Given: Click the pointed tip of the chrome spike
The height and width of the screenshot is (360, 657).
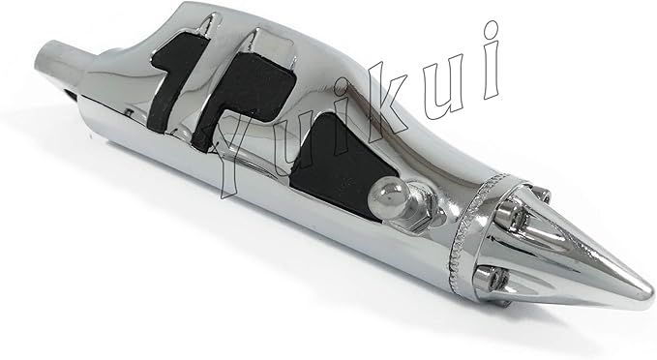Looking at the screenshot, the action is pos(651,290).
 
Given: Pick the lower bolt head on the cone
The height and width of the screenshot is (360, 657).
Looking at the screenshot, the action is pos(489,278).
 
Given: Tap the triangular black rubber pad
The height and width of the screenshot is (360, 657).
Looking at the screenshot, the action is pos(341,166).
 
